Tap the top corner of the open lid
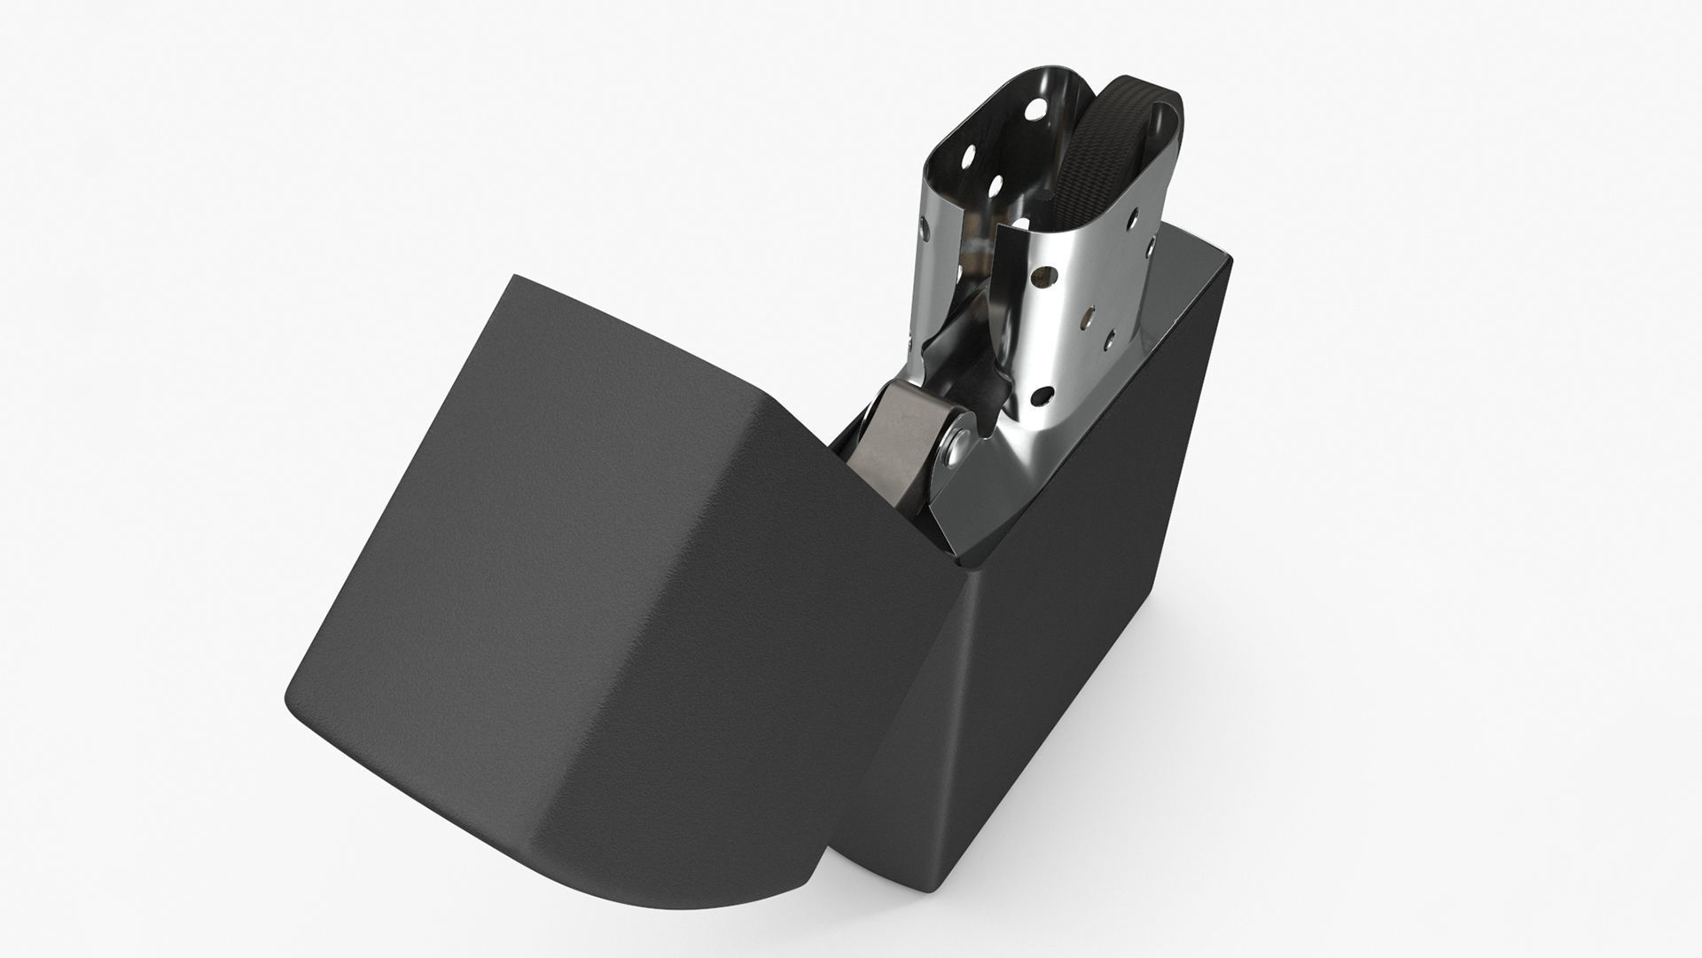(514, 277)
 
